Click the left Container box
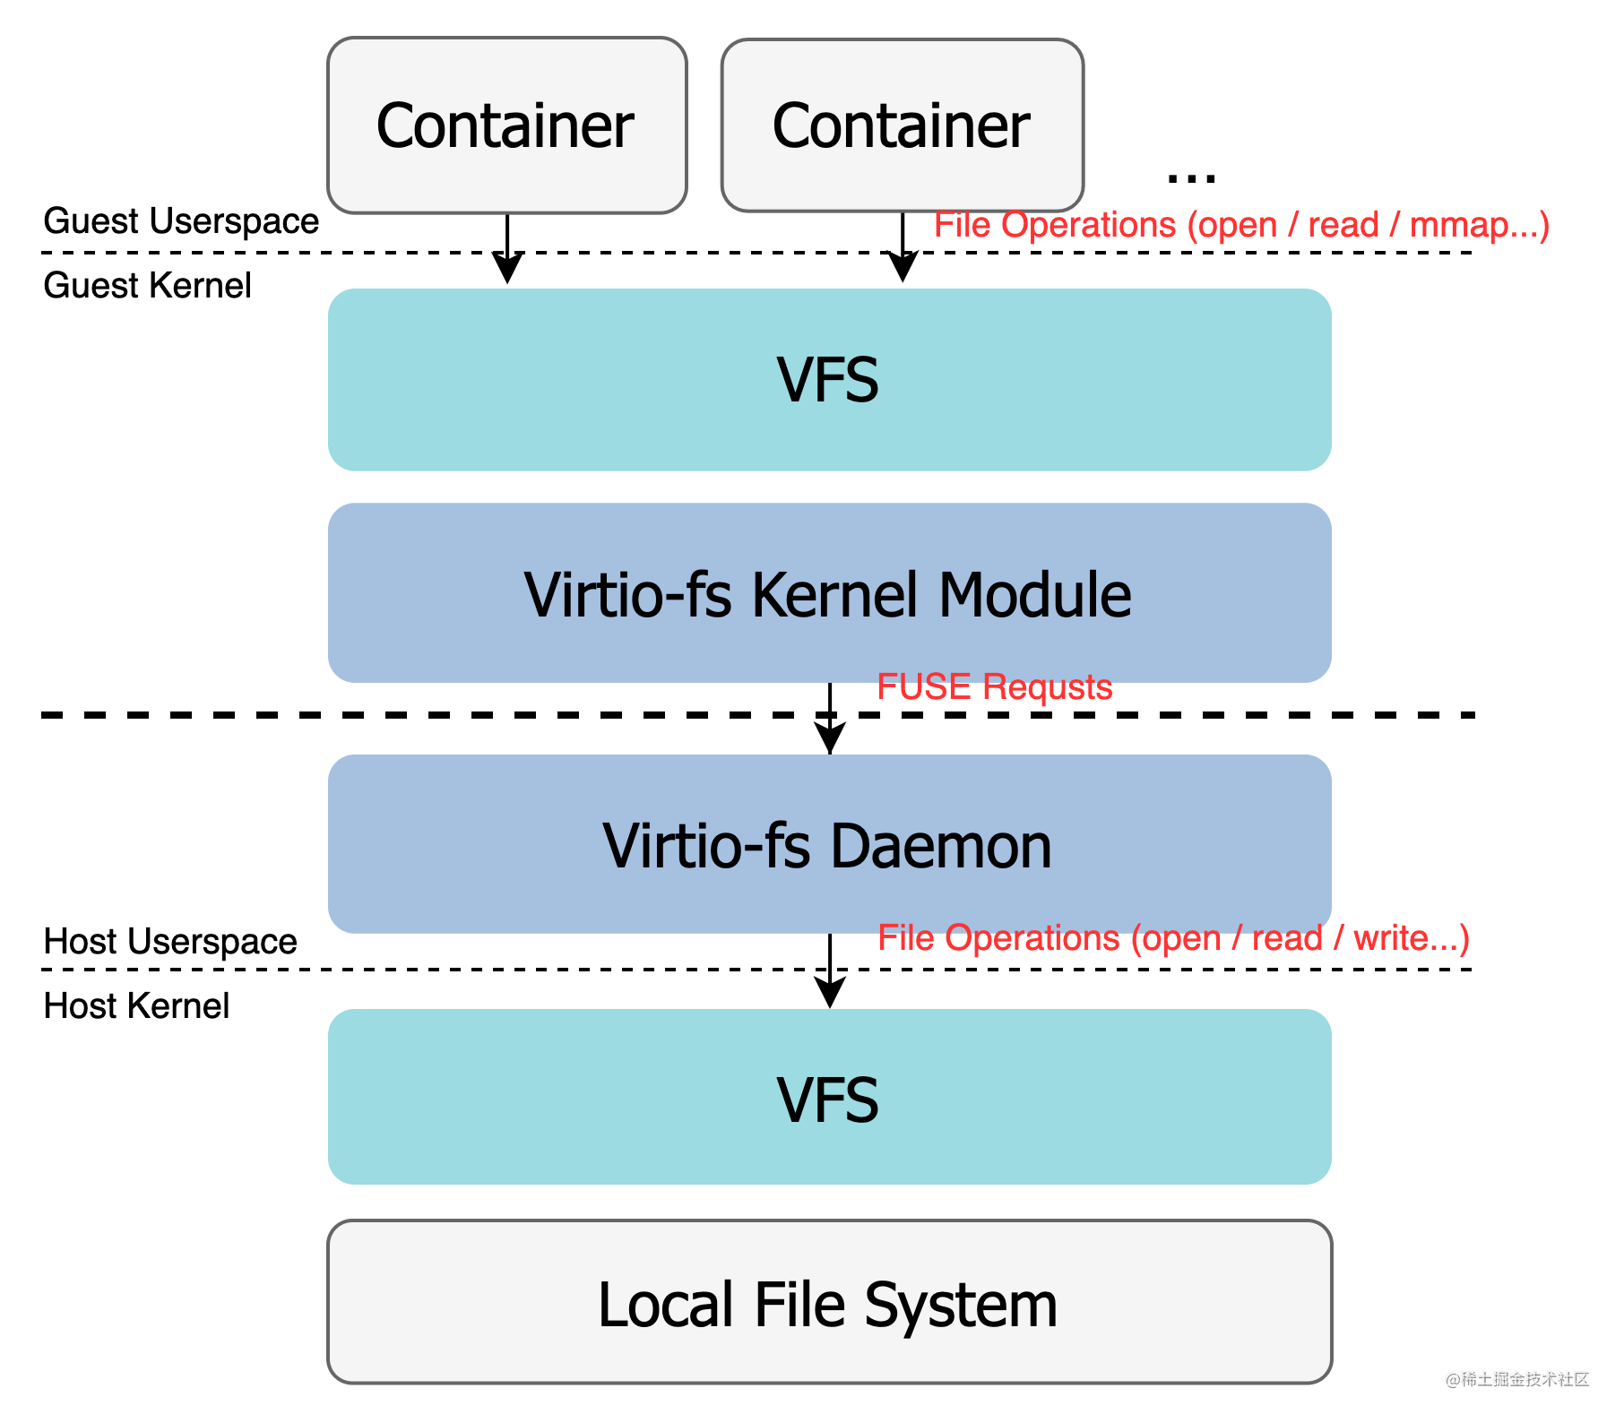506,125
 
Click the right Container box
902,125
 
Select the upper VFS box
828,380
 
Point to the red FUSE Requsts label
994,687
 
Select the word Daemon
940,847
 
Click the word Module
1034,595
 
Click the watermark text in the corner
1516,1377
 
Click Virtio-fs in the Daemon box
706,847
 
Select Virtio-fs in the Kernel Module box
627,595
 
